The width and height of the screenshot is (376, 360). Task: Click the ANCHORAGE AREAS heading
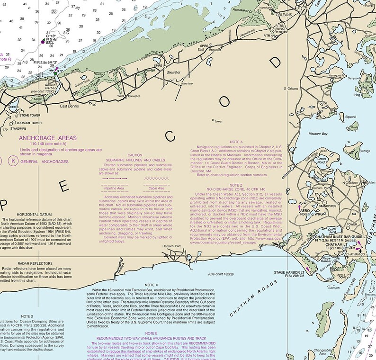coord(47,138)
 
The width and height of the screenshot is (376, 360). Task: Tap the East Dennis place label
coord(70,106)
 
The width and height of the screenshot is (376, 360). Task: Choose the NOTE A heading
coord(235,142)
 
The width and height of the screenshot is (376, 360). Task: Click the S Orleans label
coord(291,89)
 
